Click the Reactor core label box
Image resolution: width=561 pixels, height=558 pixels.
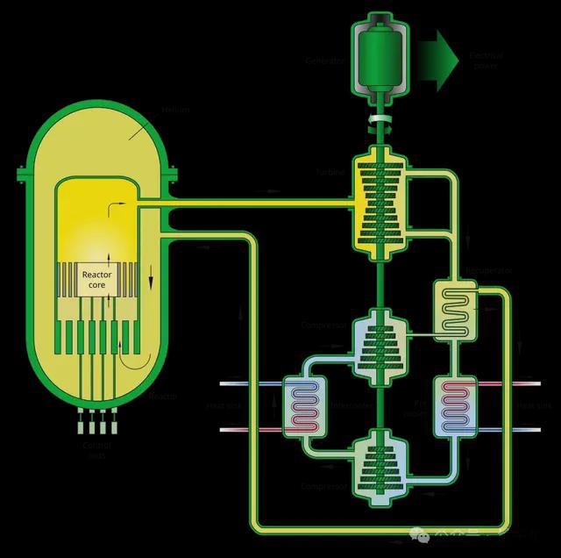(96, 279)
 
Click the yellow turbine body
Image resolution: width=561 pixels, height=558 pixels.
(380, 207)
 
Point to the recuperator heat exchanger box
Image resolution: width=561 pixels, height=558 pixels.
(455, 310)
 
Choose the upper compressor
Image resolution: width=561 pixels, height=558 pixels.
(380, 347)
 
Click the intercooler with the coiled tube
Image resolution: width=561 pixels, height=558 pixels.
(304, 406)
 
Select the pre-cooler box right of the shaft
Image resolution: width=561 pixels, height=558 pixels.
(454, 406)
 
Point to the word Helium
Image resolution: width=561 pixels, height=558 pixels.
(174, 110)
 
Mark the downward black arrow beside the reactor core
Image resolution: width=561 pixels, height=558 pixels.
(150, 282)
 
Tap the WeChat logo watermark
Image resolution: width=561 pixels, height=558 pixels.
(423, 534)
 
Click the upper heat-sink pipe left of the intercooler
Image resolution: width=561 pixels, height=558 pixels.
(250, 384)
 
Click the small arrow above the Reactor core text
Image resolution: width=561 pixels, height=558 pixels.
(110, 256)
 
